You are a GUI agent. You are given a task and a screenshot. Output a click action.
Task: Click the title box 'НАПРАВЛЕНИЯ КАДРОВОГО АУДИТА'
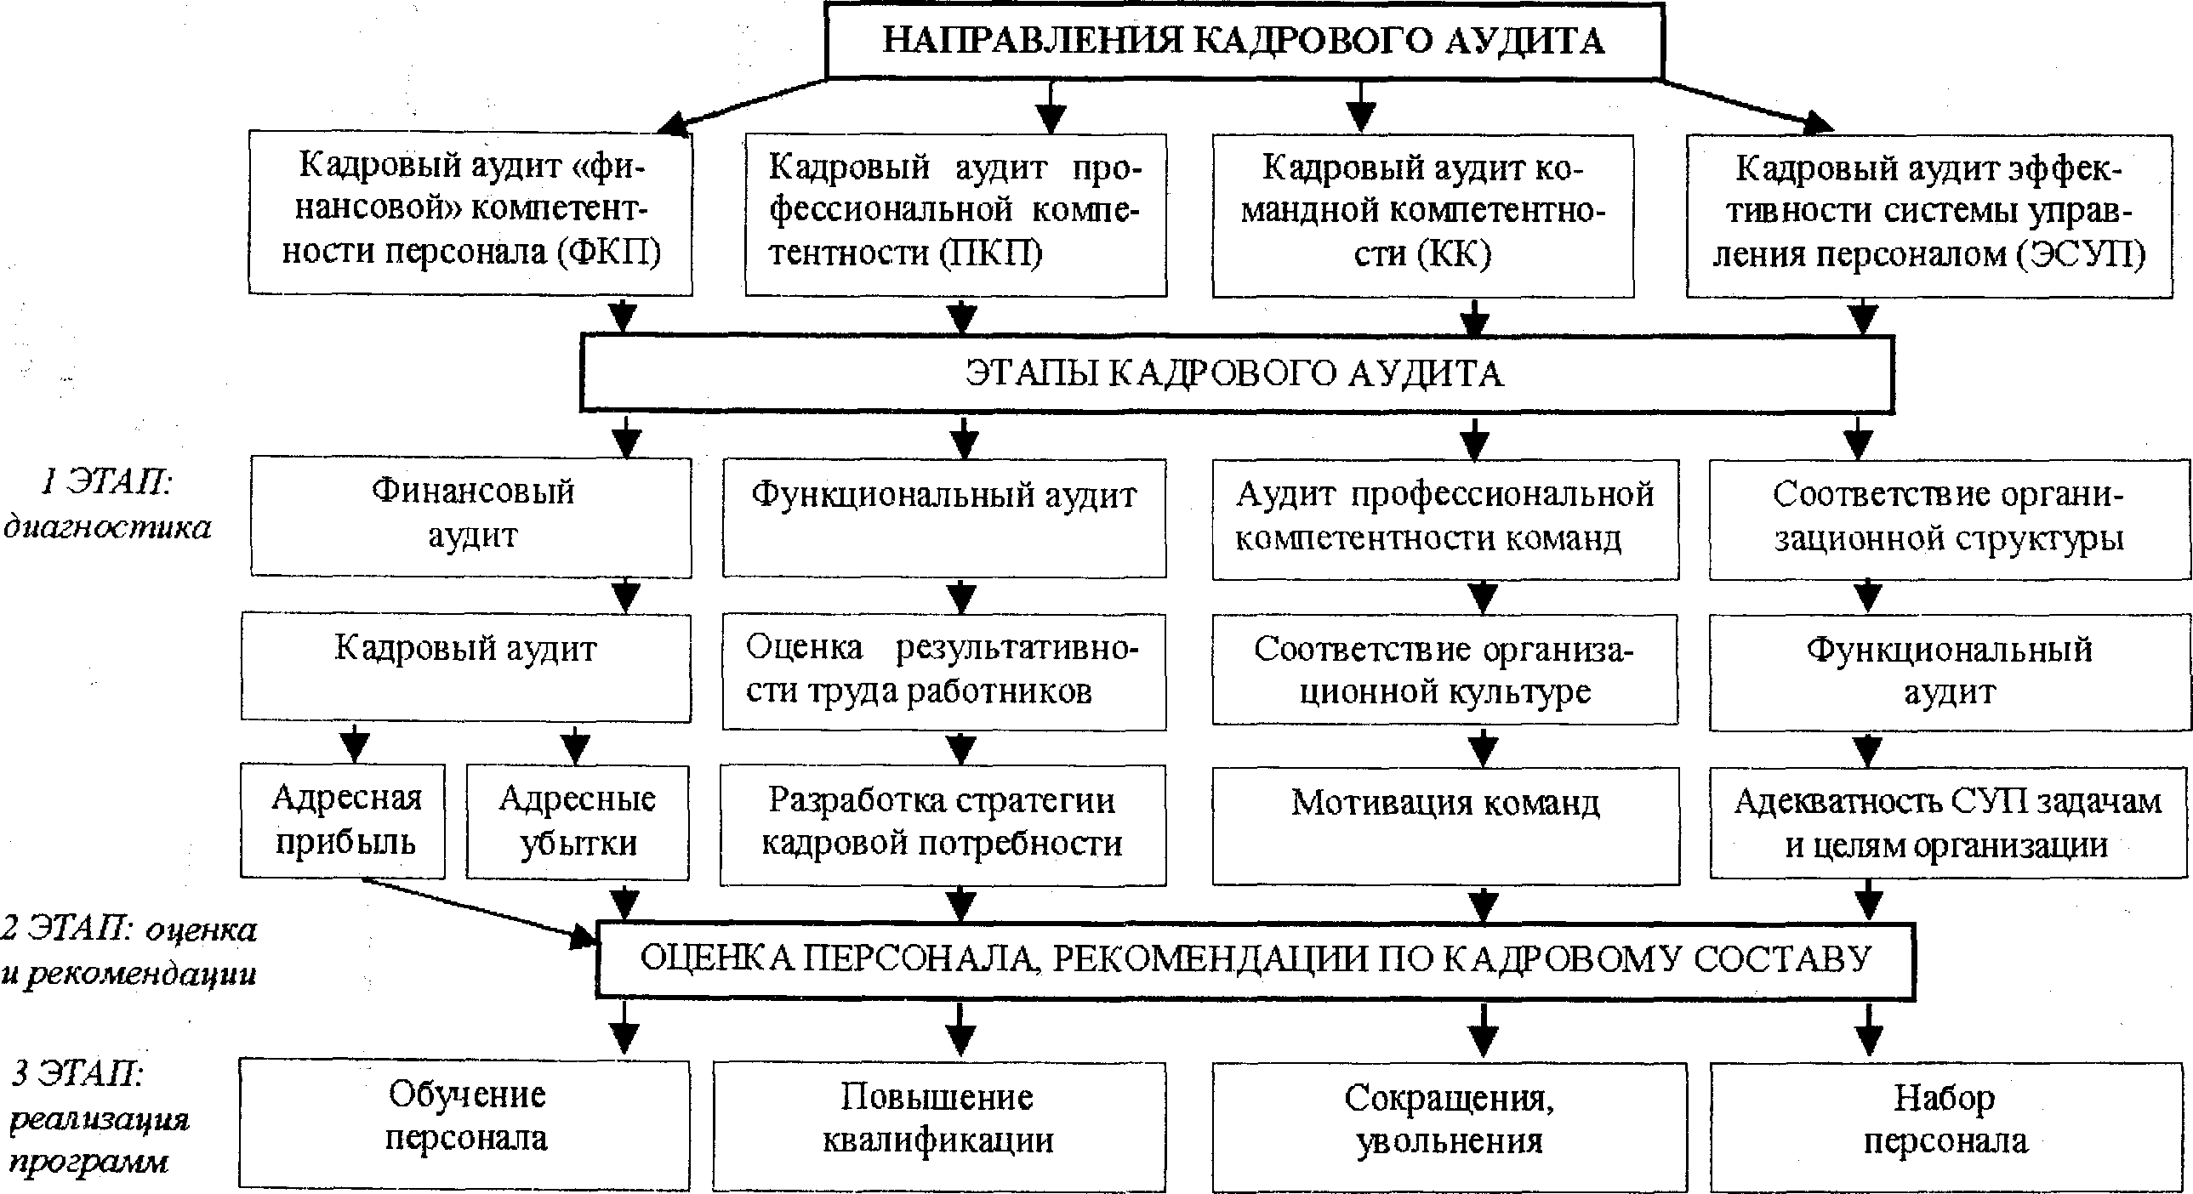(x=1244, y=41)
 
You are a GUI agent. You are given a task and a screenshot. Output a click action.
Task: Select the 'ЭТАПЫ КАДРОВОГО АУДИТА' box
(x=1235, y=373)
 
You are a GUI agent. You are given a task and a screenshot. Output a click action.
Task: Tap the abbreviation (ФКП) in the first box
(x=609, y=252)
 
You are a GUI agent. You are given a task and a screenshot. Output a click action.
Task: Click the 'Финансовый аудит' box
(x=470, y=515)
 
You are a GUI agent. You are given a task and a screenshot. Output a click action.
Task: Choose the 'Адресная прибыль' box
(x=344, y=822)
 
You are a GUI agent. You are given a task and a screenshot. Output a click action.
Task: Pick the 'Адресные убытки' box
(x=578, y=822)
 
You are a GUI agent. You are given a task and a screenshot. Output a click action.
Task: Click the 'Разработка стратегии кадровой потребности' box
(x=943, y=823)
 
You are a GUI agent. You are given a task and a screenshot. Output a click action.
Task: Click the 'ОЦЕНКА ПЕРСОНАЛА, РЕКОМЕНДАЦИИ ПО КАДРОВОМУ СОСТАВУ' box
(x=1256, y=959)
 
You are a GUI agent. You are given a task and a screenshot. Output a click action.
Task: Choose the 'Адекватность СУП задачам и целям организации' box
(x=1948, y=823)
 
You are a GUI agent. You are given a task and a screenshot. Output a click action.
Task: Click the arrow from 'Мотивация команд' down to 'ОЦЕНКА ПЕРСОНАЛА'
(x=1483, y=904)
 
